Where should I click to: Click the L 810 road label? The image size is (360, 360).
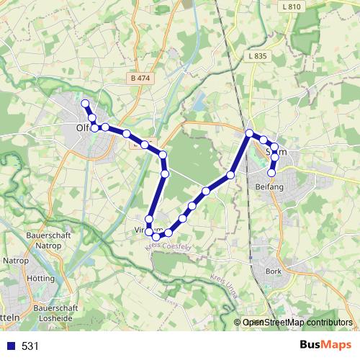[x=292, y=6]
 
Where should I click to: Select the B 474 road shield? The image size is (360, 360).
[x=141, y=78]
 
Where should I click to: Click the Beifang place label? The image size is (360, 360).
[x=270, y=186]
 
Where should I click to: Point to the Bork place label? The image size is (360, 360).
[x=273, y=271]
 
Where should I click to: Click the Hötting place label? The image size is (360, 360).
[x=40, y=278]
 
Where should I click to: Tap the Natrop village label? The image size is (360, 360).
[x=16, y=260]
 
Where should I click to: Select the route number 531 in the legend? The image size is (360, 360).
[x=30, y=346]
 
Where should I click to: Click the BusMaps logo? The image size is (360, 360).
[x=325, y=345]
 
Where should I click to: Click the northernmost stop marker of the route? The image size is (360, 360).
[x=85, y=104]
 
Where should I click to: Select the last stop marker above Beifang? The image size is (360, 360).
[x=272, y=173]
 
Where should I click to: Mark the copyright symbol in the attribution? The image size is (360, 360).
[x=238, y=323]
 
